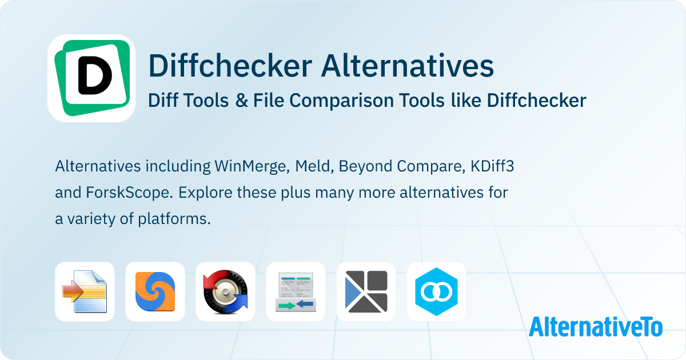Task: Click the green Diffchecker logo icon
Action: pyautogui.click(x=91, y=78)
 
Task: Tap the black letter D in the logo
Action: pyautogui.click(x=95, y=75)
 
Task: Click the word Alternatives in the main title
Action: pyautogui.click(x=407, y=66)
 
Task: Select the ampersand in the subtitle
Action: pyautogui.click(x=242, y=101)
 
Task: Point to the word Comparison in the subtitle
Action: pyautogui.click(x=341, y=101)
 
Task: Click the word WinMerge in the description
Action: pyautogui.click(x=252, y=167)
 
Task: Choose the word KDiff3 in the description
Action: pyautogui.click(x=492, y=166)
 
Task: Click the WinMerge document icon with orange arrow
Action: pyautogui.click(x=85, y=291)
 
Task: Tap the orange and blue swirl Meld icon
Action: pyautogui.click(x=155, y=291)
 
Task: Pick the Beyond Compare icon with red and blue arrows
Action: pyautogui.click(x=225, y=291)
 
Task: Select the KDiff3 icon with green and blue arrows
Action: pyautogui.click(x=296, y=291)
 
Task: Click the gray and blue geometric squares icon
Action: pyautogui.click(x=366, y=291)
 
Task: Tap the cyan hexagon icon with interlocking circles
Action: pyautogui.click(x=436, y=291)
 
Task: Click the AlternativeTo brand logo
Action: pyautogui.click(x=596, y=327)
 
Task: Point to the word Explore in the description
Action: pyautogui.click(x=205, y=193)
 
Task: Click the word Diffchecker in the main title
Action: pyautogui.click(x=230, y=66)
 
